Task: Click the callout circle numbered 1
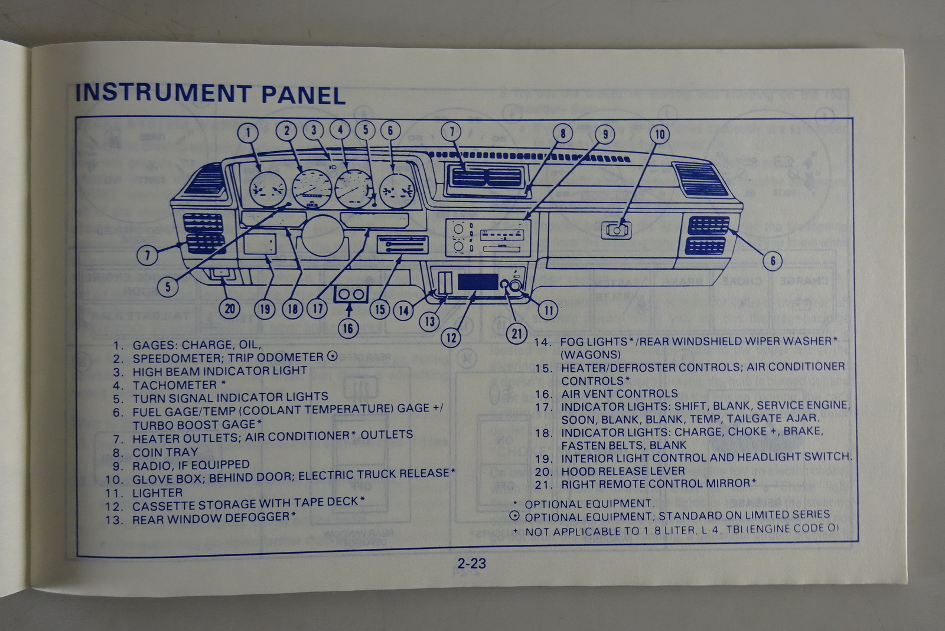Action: pos(248,132)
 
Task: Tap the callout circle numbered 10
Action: pos(660,135)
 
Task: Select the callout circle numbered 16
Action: pos(348,328)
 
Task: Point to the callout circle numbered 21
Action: pos(517,334)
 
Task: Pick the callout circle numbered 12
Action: pos(452,337)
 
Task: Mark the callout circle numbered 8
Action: pos(563,133)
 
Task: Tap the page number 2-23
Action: pos(471,563)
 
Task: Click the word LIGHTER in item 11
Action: pos(157,492)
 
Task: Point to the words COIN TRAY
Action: pos(165,452)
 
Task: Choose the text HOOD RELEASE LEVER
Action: pos(623,471)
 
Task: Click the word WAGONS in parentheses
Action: pos(590,354)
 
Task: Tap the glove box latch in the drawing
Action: pos(616,230)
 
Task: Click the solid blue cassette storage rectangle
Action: pos(477,282)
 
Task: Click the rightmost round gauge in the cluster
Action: pos(397,191)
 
